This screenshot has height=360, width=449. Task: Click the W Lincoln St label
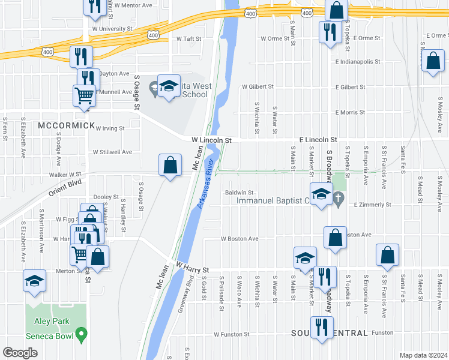211,140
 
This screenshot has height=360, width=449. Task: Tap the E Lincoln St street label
318,140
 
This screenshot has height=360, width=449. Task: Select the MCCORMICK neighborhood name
66,125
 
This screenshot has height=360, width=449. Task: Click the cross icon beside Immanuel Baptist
339,199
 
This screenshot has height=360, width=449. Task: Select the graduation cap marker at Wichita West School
169,86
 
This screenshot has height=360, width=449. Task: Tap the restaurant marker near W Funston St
322,328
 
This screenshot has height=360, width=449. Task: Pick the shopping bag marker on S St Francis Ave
388,255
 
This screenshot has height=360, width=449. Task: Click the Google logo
19,353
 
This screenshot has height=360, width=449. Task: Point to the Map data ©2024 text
423,355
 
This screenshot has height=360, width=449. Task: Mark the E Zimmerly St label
372,205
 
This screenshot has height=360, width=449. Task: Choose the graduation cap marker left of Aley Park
35,281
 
